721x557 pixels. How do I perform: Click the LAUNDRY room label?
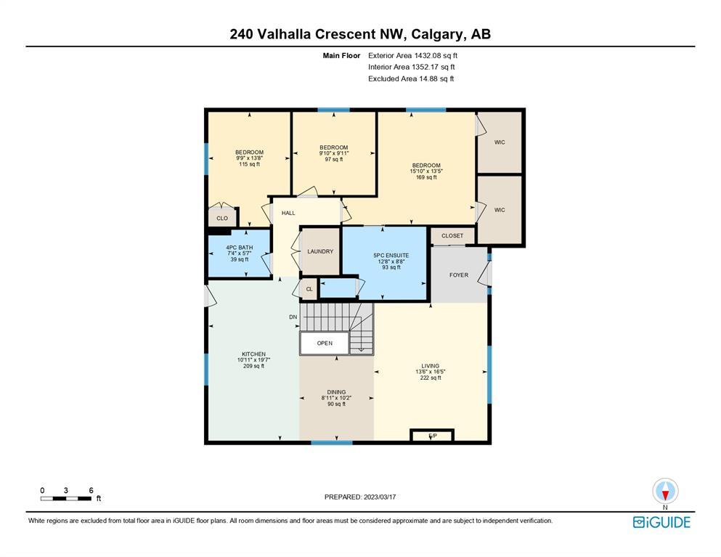(320, 251)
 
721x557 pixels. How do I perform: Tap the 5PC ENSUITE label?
(391, 256)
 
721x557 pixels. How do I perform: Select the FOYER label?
(458, 275)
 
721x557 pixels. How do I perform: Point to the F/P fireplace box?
(432, 435)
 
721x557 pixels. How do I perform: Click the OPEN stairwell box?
(325, 343)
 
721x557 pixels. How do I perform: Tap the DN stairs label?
(293, 317)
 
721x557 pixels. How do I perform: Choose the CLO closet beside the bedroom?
(222, 218)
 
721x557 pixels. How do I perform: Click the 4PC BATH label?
(240, 248)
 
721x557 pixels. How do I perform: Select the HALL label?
(288, 213)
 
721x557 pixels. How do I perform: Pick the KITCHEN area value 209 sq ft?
(253, 366)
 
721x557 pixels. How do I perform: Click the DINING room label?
(336, 392)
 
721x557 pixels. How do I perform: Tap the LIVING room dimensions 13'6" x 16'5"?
(431, 372)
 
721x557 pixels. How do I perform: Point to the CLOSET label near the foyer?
(452, 235)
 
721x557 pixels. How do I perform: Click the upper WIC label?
(500, 142)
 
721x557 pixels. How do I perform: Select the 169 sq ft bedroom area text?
(426, 177)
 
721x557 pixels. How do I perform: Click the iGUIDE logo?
(661, 522)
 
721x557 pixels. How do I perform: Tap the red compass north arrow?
(665, 495)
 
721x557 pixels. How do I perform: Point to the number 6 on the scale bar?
(91, 490)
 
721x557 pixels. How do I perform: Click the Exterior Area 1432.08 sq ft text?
(412, 56)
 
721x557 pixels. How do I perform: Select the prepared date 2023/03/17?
(380, 497)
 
